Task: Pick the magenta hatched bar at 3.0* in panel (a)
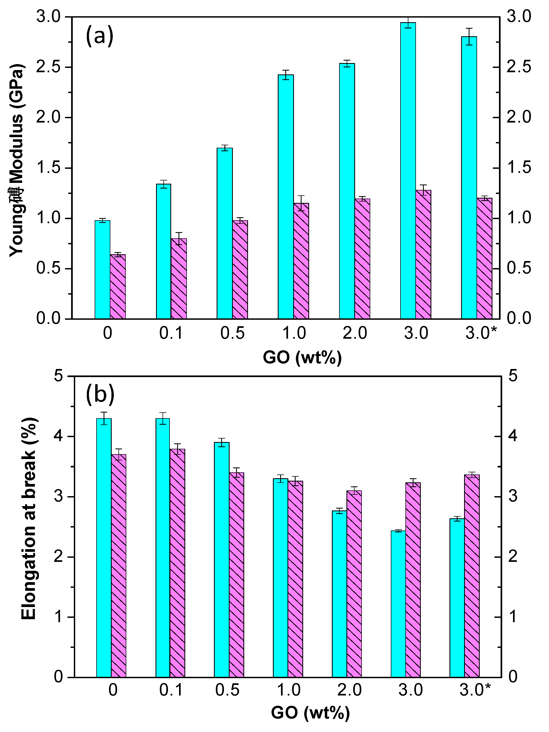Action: point(484,258)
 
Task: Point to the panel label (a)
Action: point(99,36)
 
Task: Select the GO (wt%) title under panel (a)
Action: point(302,358)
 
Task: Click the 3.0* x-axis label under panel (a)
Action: point(481,333)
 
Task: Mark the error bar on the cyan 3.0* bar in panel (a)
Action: point(469,37)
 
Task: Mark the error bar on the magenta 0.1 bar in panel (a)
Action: point(179,238)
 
